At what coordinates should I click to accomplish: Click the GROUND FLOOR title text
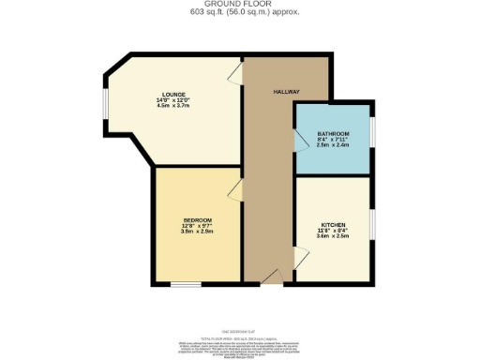pos(239,5)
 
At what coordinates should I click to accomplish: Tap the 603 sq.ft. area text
pos(239,13)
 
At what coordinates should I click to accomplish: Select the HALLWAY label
pos(286,92)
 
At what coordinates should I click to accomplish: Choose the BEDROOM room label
pos(198,218)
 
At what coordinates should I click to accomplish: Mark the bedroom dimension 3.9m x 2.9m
pos(198,231)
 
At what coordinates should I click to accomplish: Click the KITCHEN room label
pos(335,225)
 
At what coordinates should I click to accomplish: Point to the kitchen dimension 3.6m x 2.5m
pos(335,237)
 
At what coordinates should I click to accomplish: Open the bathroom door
pos(301,142)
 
